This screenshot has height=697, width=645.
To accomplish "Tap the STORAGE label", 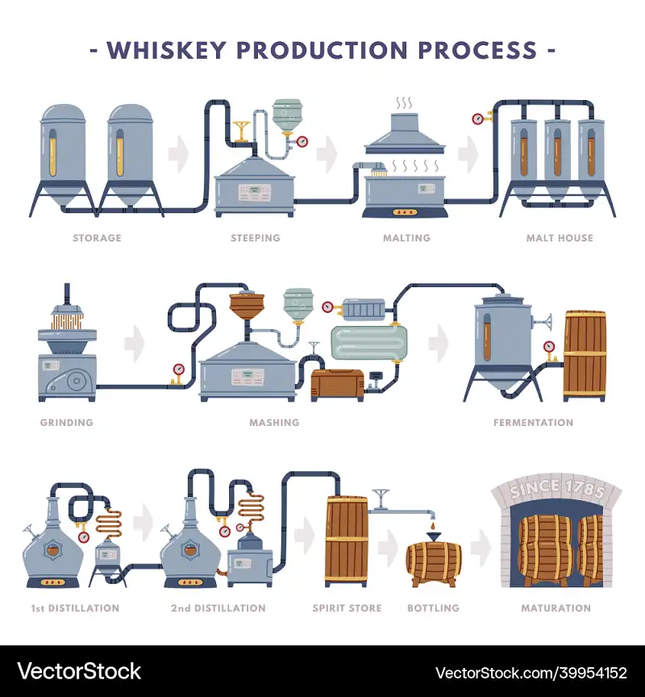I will (x=97, y=238).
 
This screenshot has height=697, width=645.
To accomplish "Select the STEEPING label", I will (x=255, y=238).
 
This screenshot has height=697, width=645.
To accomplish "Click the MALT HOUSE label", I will (x=559, y=238).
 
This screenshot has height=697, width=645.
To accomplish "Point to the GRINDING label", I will (x=66, y=422).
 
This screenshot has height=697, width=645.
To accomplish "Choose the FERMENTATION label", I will (x=533, y=422).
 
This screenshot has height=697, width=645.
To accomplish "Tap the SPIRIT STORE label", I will (x=347, y=607).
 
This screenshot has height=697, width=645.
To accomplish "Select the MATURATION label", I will (x=556, y=607).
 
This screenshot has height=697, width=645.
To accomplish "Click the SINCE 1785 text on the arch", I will (x=556, y=490).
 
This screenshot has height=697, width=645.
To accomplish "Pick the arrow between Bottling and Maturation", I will (x=481, y=549).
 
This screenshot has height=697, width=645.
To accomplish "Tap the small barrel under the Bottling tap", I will (x=433, y=563).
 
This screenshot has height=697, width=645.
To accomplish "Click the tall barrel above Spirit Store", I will (x=347, y=540).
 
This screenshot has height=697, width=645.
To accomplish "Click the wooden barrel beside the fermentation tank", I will (x=585, y=355).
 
